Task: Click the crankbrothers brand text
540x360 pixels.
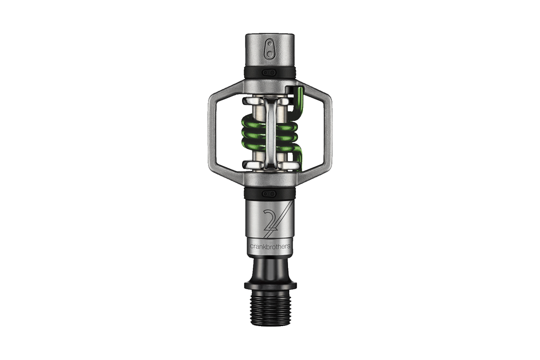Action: pyautogui.click(x=270, y=246)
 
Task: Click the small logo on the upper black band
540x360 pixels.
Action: pyautogui.click(x=270, y=72)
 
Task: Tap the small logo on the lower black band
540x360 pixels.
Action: pyautogui.click(x=270, y=194)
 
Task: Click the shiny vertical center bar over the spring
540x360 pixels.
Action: pyautogui.click(x=270, y=132)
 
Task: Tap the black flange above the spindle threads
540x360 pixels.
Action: pyautogui.click(x=270, y=286)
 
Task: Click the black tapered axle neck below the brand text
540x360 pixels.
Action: pyautogui.click(x=270, y=267)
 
